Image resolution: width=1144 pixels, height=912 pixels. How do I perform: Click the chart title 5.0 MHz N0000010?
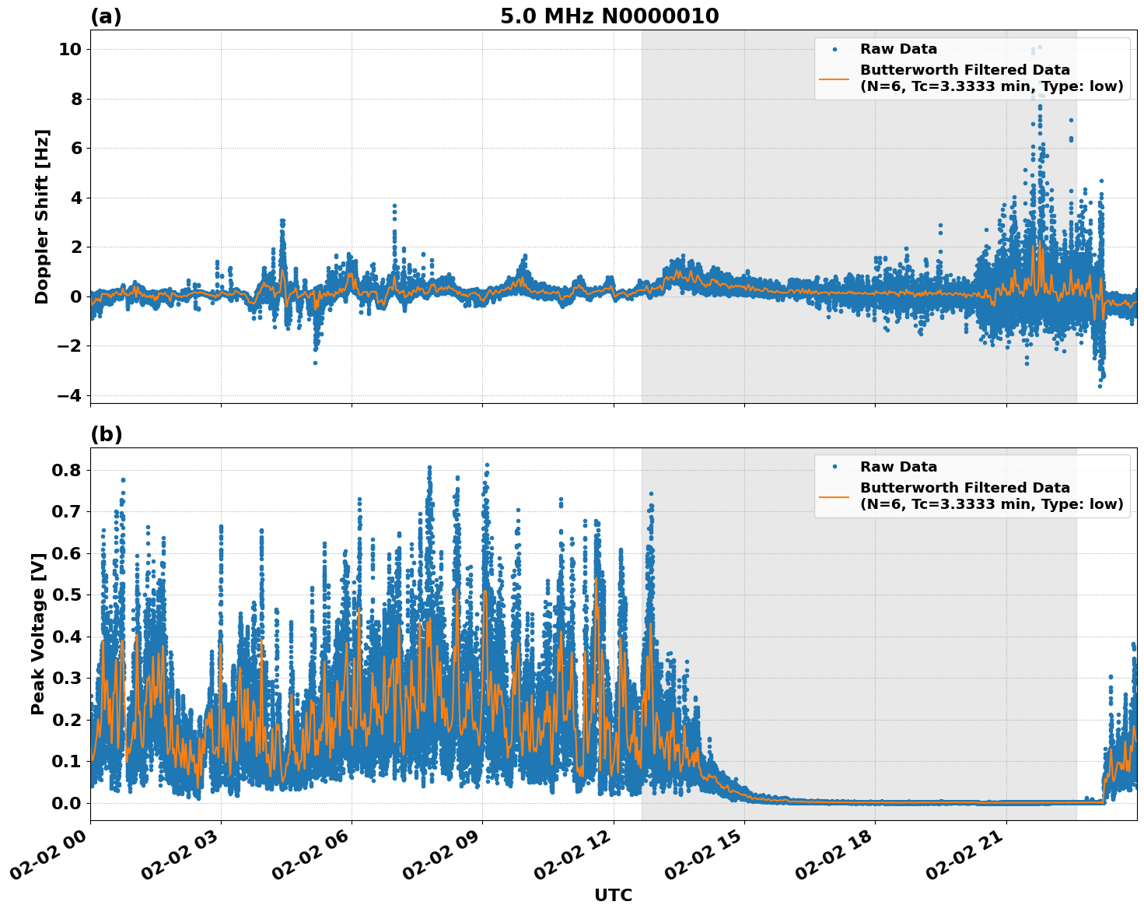tap(609, 16)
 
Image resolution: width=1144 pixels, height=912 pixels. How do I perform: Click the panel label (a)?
tap(106, 16)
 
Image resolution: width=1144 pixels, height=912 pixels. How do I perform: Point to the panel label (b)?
tap(106, 434)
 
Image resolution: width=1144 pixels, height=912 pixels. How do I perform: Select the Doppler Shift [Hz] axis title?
tap(42, 216)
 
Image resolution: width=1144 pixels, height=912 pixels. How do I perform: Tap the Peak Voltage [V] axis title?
tap(38, 633)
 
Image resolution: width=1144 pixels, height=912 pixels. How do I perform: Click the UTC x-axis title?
tap(613, 895)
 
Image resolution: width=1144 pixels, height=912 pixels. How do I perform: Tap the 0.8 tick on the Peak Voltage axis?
tap(66, 470)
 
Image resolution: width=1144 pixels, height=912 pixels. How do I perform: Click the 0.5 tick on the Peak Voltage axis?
tap(66, 595)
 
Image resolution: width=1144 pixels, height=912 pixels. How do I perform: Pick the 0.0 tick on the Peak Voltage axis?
tap(66, 803)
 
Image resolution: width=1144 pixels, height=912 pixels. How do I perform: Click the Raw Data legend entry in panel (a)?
tap(898, 49)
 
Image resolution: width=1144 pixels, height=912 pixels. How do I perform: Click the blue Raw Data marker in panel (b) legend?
tap(834, 467)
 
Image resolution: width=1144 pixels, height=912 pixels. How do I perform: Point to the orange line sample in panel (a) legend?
tap(834, 78)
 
